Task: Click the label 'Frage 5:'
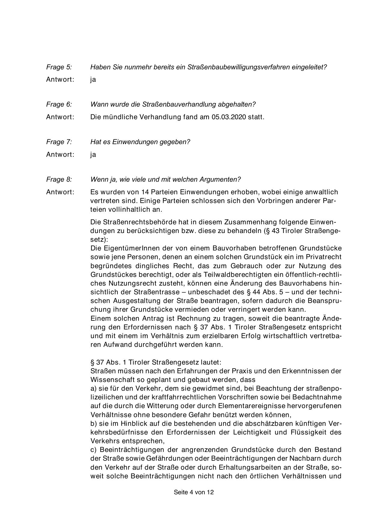coord(59,67)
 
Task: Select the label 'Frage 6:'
coord(59,104)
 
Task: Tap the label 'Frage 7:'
coord(59,142)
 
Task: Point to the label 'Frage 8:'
coord(59,180)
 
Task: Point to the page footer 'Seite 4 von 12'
coord(194,492)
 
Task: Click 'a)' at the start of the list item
coord(93,389)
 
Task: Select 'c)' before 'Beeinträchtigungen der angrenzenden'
coord(93,450)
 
